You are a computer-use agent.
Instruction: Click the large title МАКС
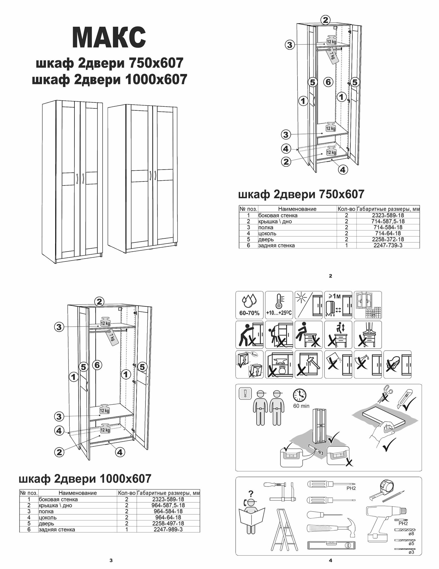109,38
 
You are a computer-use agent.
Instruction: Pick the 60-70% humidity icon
249,305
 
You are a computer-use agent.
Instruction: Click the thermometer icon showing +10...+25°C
279,305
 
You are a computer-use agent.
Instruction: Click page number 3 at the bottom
111,560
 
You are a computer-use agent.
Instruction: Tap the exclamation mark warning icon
245,394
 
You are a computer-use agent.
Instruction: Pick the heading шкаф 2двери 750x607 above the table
301,194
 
